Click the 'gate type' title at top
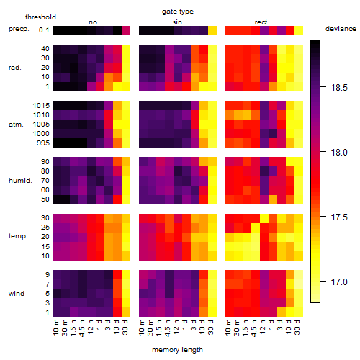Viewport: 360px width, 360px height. [x=178, y=12]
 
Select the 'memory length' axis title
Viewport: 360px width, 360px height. [x=178, y=350]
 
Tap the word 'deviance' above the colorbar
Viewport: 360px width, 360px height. [x=341, y=29]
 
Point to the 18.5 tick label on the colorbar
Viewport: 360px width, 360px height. [x=339, y=88]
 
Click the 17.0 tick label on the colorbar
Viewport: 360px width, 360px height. [x=339, y=282]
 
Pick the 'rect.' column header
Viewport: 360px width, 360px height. [x=262, y=22]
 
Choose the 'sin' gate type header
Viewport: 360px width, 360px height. [x=177, y=22]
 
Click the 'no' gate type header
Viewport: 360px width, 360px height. [x=93, y=22]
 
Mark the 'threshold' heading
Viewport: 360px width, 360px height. [x=40, y=17]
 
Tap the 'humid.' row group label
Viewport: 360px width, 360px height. [x=20, y=181]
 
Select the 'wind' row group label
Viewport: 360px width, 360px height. [x=17, y=294]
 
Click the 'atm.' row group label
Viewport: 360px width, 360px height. [x=16, y=125]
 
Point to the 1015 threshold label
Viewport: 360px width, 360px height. [x=41, y=106]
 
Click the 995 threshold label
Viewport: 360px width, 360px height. [x=43, y=143]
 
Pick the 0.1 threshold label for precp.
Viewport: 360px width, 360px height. [x=44, y=30]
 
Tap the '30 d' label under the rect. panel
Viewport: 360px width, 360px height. [x=297, y=328]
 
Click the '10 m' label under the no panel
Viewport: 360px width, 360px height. [x=55, y=328]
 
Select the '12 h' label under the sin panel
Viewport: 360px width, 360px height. [x=176, y=327]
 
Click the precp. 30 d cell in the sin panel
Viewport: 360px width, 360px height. [x=212, y=31]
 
